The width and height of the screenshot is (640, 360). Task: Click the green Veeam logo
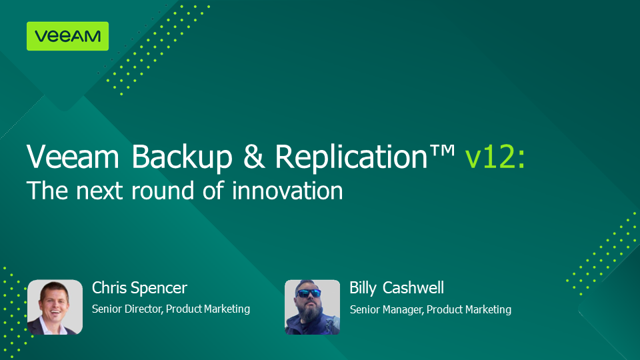[68, 36]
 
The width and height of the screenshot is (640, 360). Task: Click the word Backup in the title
[181, 157]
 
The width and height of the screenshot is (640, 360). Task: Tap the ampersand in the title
[254, 156]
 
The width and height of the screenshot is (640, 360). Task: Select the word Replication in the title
[351, 157]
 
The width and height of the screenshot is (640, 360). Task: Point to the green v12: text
[495, 157]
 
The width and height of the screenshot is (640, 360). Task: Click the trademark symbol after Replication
[441, 150]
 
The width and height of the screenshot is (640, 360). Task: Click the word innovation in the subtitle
[287, 191]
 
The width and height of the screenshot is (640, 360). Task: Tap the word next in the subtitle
[99, 191]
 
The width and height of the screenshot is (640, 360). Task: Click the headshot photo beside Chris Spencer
[55, 307]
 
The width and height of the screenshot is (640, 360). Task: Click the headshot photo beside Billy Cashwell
[312, 307]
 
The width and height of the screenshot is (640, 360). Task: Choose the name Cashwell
[413, 288]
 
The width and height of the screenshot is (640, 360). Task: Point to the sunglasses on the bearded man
[309, 293]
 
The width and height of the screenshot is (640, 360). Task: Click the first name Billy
[363, 289]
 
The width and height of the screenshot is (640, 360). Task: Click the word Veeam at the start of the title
[73, 157]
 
